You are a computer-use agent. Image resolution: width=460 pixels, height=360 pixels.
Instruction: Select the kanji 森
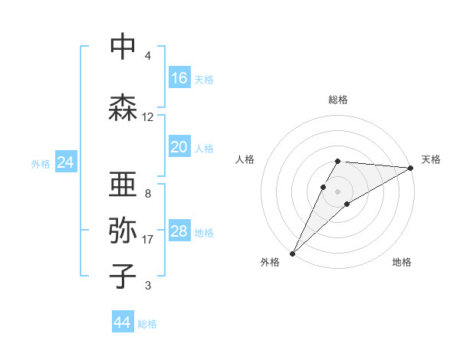click(x=123, y=107)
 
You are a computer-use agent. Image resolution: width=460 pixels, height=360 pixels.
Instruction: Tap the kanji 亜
click(x=123, y=184)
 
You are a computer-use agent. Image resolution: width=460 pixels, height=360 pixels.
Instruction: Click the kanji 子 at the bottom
click(x=123, y=276)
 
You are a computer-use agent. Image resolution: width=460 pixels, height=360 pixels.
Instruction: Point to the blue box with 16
click(x=179, y=78)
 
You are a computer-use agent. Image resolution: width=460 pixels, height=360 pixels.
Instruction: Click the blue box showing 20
click(x=179, y=147)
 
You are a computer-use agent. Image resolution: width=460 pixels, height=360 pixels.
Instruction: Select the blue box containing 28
click(x=179, y=231)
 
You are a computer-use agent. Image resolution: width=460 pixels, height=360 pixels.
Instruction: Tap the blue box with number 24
click(x=65, y=162)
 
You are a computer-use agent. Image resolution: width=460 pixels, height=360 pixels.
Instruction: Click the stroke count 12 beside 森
click(x=148, y=117)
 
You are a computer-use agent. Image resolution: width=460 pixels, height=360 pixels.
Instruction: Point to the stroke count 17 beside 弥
click(x=148, y=240)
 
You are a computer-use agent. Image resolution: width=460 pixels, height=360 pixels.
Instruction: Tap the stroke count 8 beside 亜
click(x=148, y=194)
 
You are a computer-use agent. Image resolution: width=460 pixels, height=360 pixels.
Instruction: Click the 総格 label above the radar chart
click(x=338, y=100)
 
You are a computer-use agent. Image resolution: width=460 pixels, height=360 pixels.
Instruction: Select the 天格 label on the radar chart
click(x=432, y=159)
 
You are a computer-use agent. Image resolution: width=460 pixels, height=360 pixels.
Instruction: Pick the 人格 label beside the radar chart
click(x=245, y=159)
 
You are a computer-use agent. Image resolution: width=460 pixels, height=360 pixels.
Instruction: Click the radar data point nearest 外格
click(x=292, y=253)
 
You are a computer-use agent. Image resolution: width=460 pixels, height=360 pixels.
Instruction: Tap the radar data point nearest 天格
click(x=411, y=168)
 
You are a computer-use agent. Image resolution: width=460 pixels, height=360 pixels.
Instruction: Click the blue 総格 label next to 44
click(x=147, y=324)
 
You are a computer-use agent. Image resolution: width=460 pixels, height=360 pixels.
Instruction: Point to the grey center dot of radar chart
click(x=338, y=191)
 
